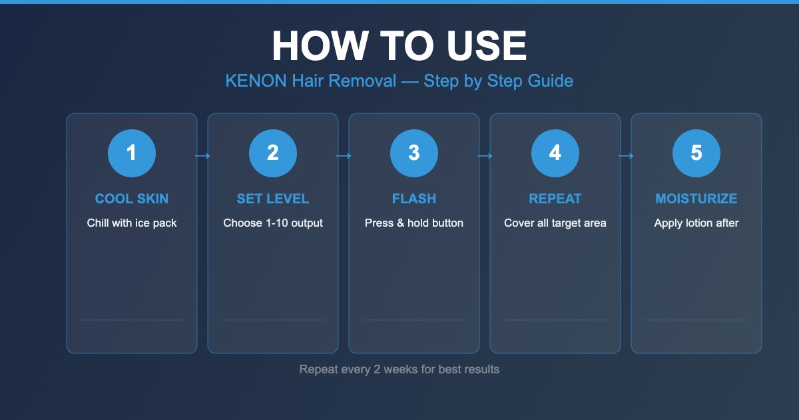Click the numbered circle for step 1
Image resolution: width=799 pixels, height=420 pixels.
[x=132, y=153]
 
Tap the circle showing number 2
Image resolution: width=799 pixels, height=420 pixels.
[x=273, y=153]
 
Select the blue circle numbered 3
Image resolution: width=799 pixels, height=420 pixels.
[x=414, y=153]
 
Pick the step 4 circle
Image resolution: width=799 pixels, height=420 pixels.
[x=555, y=153]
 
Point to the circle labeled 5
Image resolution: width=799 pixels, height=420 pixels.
[x=696, y=153]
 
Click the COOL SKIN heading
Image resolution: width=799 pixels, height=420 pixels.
[x=132, y=199]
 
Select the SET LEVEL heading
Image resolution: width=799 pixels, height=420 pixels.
[x=273, y=199]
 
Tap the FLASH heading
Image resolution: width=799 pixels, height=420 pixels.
[x=414, y=199]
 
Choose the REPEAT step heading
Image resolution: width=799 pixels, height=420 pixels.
[x=555, y=199]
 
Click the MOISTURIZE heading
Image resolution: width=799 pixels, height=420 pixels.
[x=696, y=199]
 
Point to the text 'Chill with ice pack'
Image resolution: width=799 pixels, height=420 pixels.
[x=132, y=223]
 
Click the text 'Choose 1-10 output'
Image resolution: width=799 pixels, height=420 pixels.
[x=273, y=223]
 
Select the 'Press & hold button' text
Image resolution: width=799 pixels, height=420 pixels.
[x=414, y=223]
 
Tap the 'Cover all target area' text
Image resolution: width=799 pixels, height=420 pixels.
[x=555, y=223]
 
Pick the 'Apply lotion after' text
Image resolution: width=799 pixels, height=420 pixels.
[x=696, y=223]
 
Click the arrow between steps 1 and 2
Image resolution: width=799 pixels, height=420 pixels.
[x=202, y=156]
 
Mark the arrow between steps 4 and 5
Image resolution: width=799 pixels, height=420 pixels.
[x=626, y=156]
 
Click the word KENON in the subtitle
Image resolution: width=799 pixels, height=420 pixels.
[x=256, y=81]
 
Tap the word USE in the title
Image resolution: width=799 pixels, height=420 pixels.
[x=486, y=46]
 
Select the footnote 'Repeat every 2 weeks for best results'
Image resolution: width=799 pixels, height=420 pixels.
[x=399, y=369]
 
